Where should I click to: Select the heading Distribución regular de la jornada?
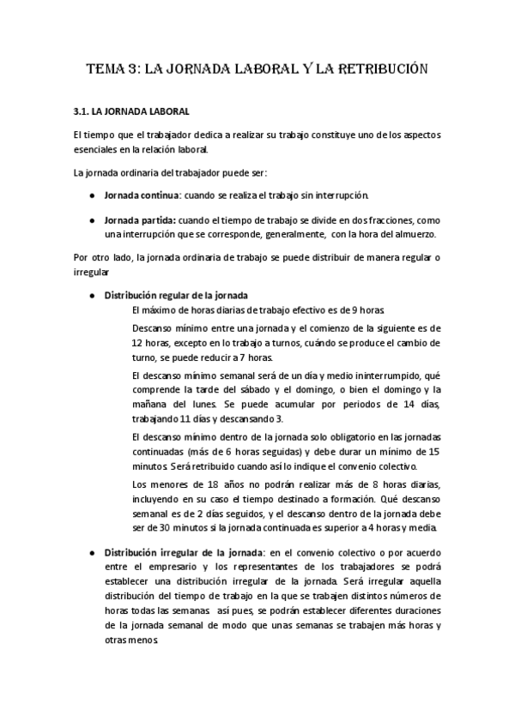(x=176, y=295)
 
